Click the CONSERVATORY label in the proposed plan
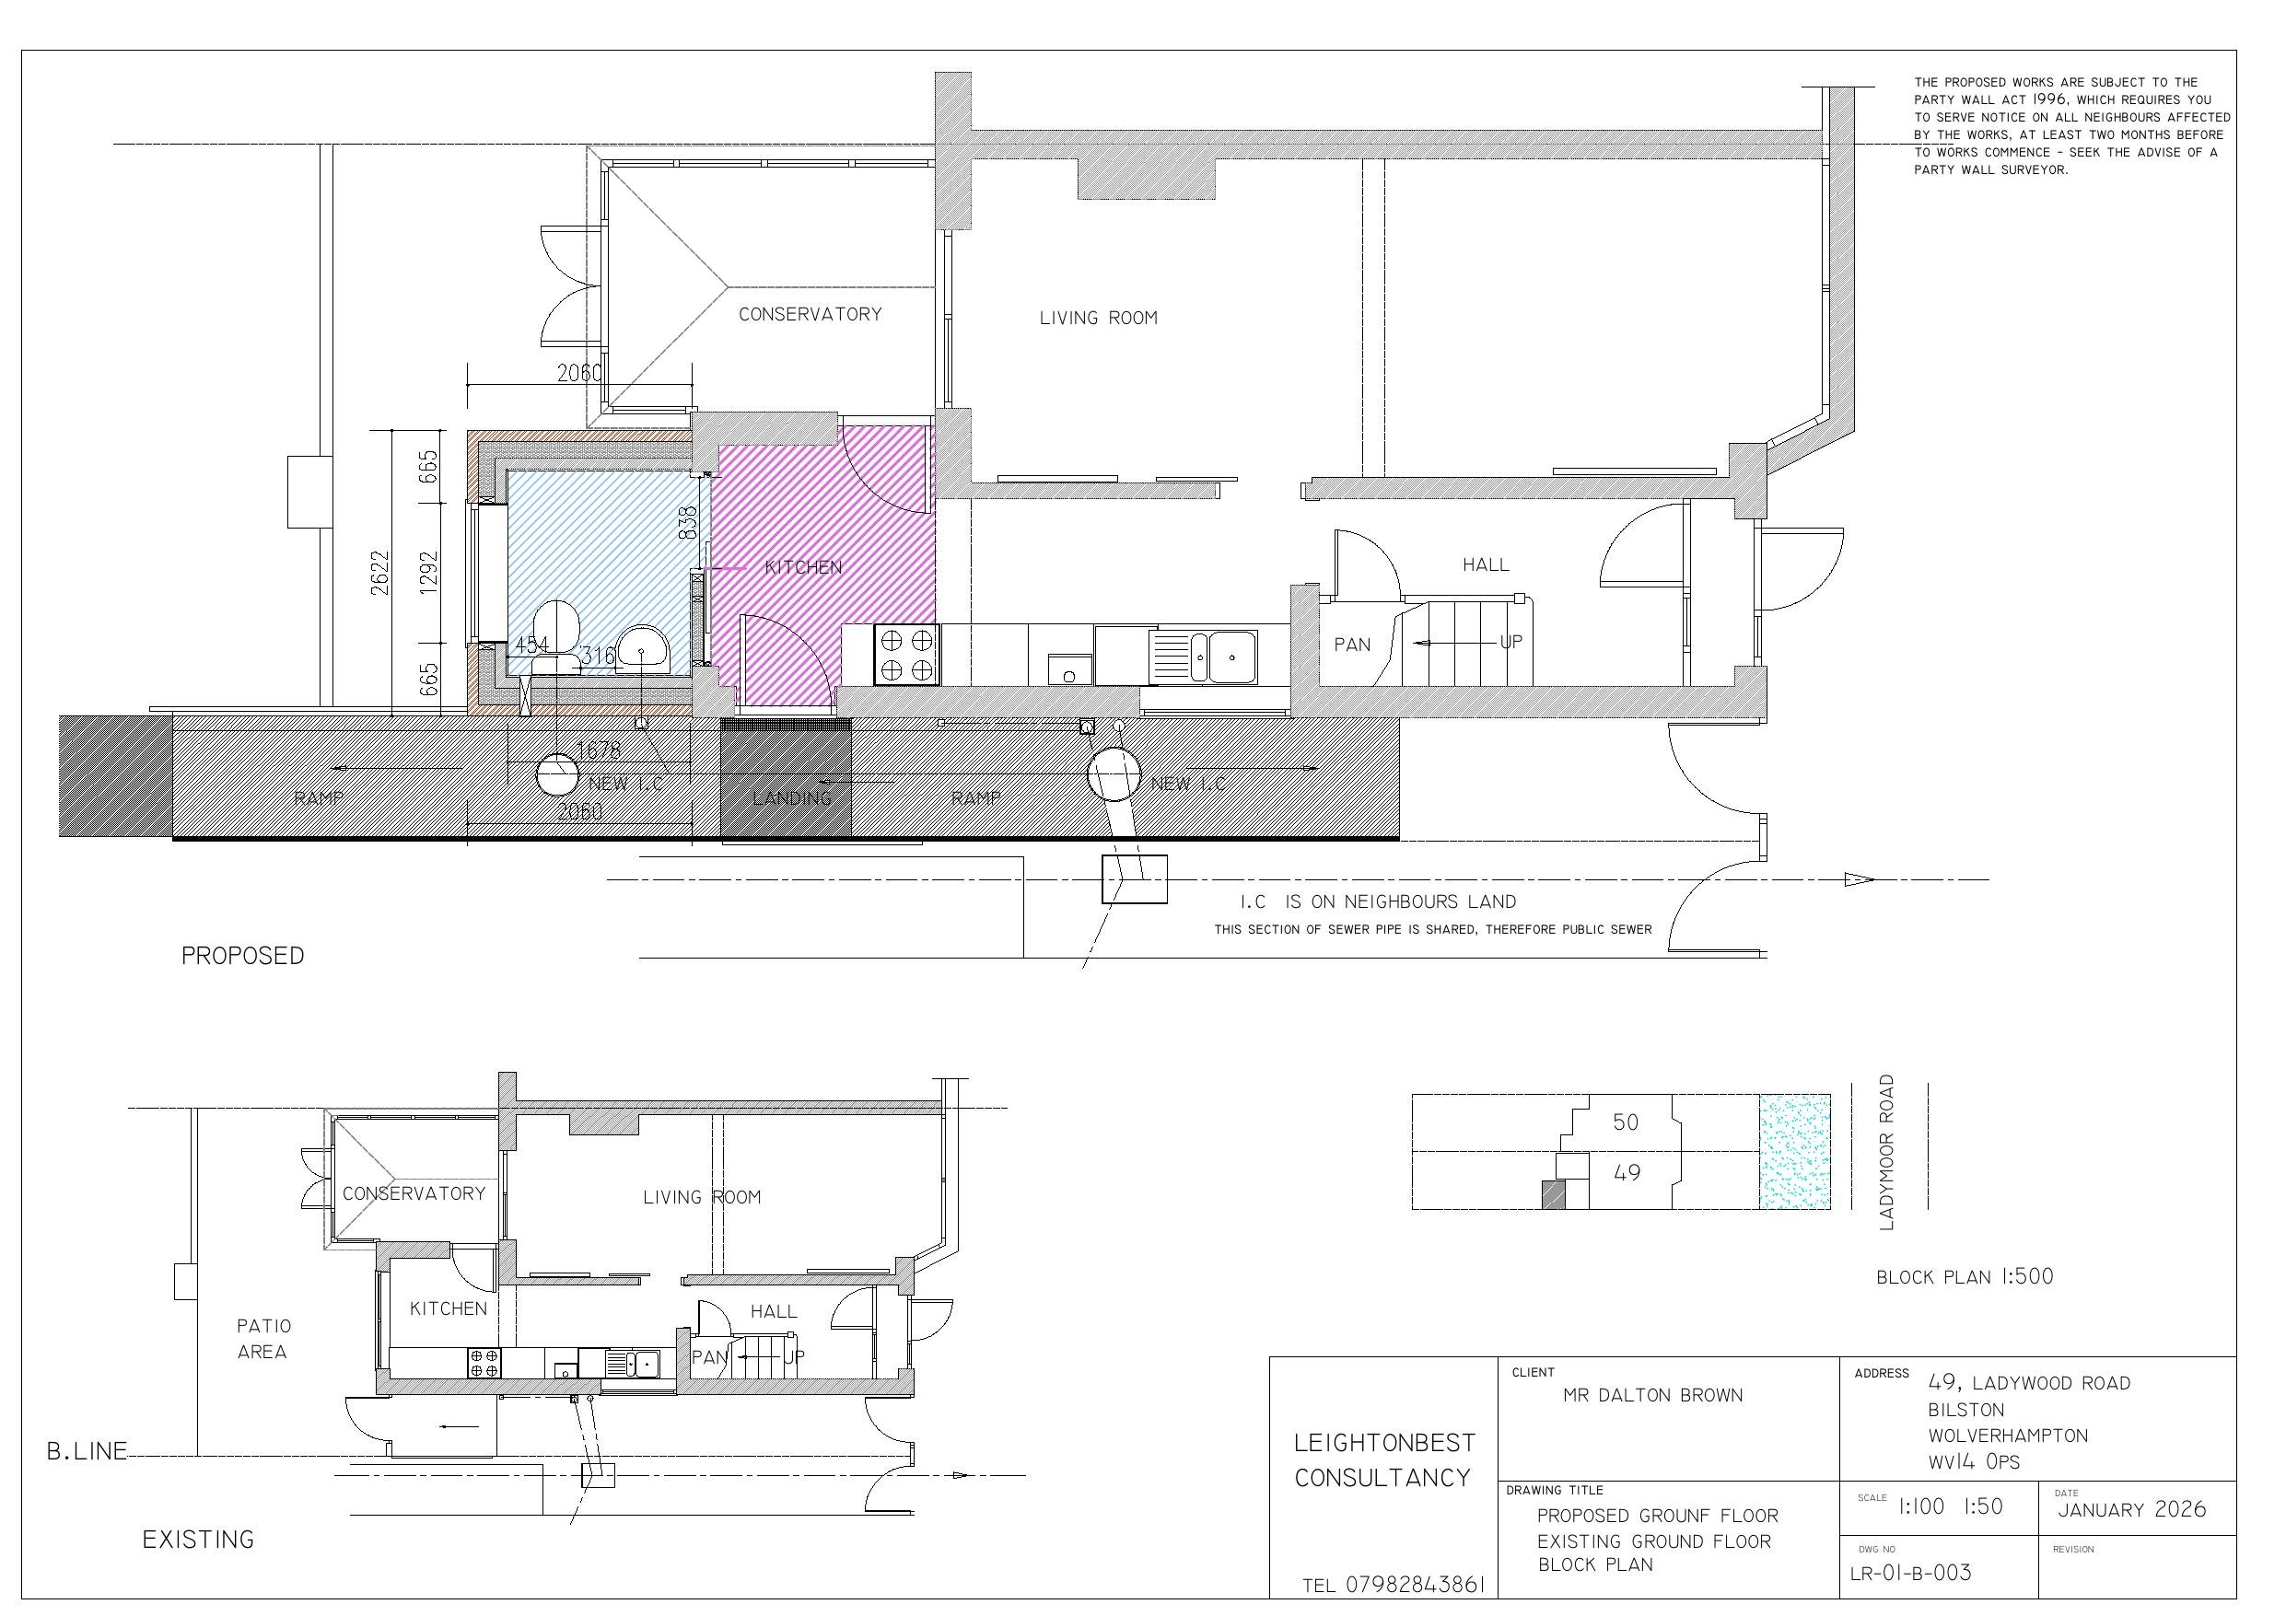810,315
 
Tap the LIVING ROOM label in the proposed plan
1098,319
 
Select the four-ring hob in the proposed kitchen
906,654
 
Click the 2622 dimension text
380,573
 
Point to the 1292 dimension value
429,573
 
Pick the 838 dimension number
688,524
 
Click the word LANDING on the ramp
791,798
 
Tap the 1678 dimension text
599,750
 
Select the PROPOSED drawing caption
243,956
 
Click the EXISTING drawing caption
198,1540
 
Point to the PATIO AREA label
262,1339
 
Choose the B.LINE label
87,1452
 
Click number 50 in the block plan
1625,1122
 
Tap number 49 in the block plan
1626,1173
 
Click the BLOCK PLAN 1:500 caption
1965,1276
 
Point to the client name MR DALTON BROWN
1652,1396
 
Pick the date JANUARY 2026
2131,1509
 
